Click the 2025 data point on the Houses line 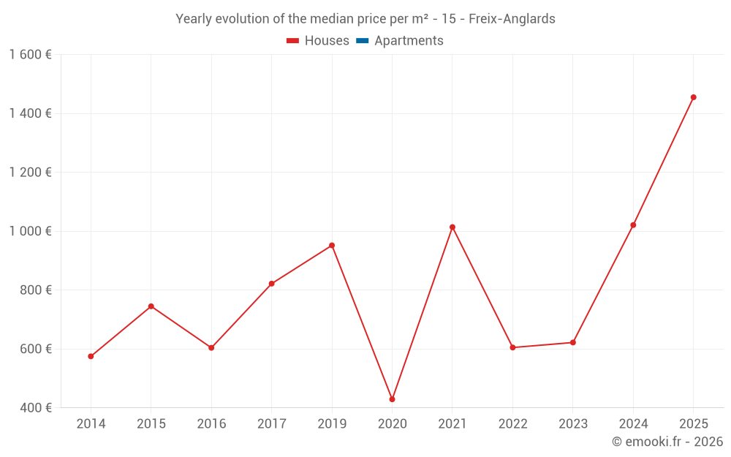pos(693,97)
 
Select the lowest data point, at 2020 pos(392,400)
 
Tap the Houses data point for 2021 pos(452,227)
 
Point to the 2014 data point pos(91,356)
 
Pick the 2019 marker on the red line pos(332,246)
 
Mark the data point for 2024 pos(633,225)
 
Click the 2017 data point pos(272,284)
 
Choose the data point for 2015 pos(151,306)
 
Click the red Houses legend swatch pos(293,41)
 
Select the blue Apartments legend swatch pos(363,41)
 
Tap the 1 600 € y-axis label pos(30,55)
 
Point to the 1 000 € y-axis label pos(30,231)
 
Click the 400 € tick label pos(35,408)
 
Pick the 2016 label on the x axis pos(212,424)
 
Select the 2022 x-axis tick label pos(513,424)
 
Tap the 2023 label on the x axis pos(573,424)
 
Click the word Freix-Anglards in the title pos(512,19)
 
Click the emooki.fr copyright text pos(667,441)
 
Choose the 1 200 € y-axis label pos(30,173)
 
